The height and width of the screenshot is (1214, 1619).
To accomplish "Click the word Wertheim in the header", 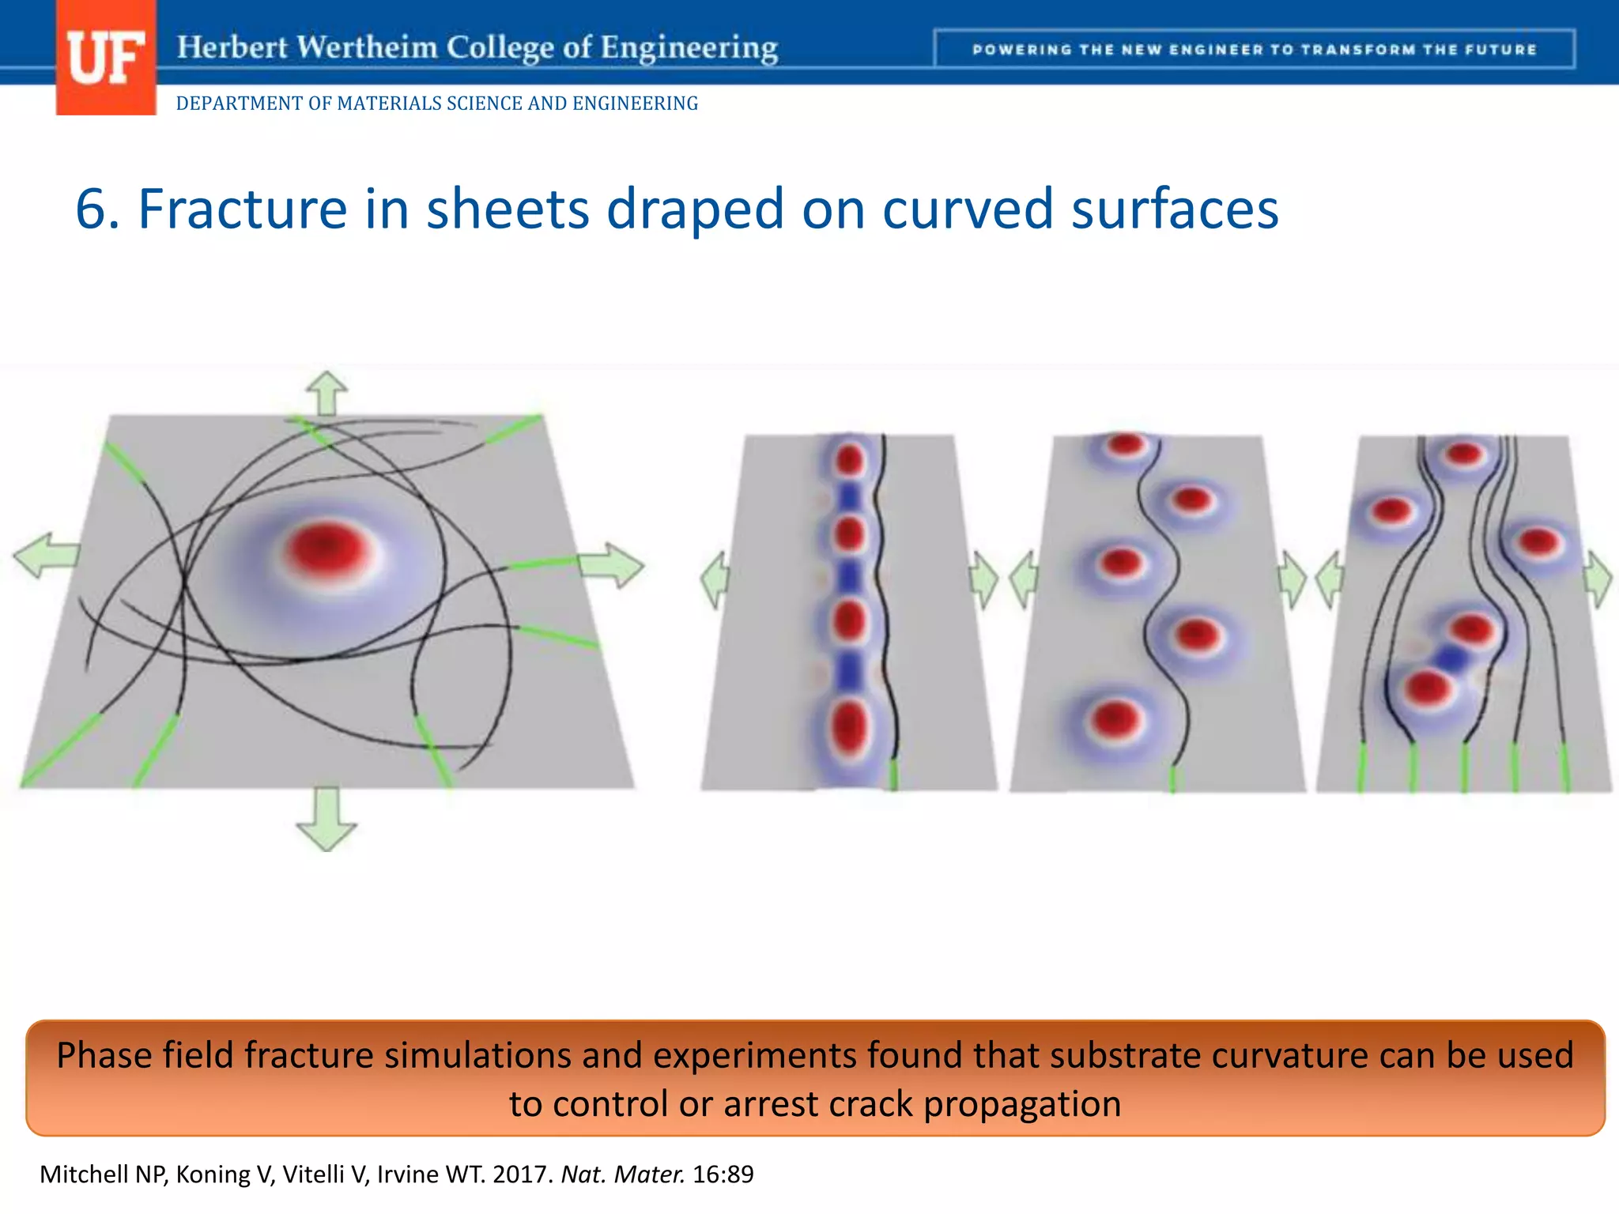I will click(x=367, y=47).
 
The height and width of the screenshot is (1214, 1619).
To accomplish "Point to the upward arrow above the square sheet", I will click(x=326, y=392).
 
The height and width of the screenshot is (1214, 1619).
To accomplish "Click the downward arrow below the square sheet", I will click(x=326, y=819).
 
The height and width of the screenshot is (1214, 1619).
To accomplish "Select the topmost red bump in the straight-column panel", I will click(x=850, y=459).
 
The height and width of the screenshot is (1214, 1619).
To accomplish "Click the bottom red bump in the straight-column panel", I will click(x=849, y=726).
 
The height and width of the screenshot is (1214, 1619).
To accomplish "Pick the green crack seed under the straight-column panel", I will click(x=893, y=775).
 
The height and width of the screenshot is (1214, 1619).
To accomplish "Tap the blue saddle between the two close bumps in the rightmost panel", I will click(x=1451, y=658).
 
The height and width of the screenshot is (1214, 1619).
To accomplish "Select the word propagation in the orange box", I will click(x=1022, y=1104).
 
